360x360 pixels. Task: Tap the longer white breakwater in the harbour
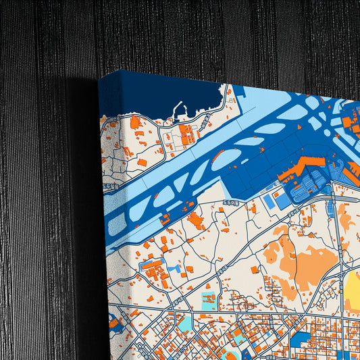tap(180, 109)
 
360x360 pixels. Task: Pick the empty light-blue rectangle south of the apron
tap(269, 201)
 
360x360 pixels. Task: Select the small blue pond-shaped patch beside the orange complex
tap(177, 268)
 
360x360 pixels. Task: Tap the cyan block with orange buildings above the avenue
tap(207, 300)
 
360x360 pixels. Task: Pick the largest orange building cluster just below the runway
tap(196, 221)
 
